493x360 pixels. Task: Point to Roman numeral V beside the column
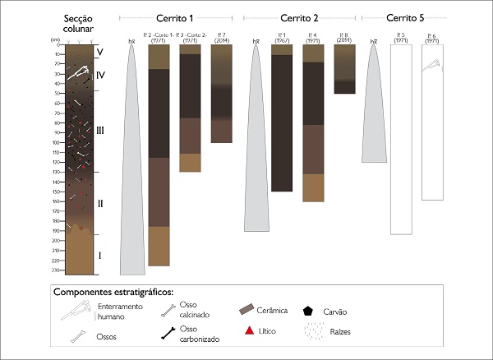pos(100,51)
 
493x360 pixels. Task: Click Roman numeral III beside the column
pos(100,130)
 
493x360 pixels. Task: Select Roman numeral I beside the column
pos(100,255)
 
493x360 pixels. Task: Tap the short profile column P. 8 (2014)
pos(345,68)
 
